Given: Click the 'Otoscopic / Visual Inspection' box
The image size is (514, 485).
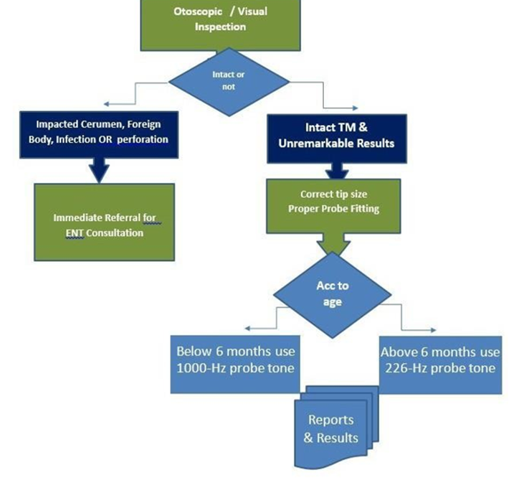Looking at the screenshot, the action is [x=220, y=25].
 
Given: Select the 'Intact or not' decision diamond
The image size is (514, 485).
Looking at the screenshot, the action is [x=229, y=82].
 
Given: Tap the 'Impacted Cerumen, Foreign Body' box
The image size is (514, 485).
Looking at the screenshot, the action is [x=99, y=135].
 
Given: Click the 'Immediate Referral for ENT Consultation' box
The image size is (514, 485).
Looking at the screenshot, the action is [x=104, y=222].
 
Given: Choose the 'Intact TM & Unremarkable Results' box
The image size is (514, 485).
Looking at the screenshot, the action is [x=337, y=138].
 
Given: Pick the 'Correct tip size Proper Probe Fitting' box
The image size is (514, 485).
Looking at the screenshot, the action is [x=333, y=206].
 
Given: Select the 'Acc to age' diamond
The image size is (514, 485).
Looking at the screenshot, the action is [x=332, y=294].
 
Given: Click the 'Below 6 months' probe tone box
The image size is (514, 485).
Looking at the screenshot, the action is [x=235, y=364].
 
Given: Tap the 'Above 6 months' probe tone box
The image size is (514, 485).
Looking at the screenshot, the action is [x=440, y=365].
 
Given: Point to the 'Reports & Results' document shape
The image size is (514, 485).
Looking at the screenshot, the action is [x=331, y=430].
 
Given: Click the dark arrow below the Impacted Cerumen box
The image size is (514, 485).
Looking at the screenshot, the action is [x=99, y=170].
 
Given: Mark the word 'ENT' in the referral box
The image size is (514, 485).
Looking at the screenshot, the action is [x=75, y=233].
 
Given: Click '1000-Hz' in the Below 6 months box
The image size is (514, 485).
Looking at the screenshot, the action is [x=201, y=368].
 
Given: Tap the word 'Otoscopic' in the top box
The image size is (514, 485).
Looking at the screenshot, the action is [x=198, y=11].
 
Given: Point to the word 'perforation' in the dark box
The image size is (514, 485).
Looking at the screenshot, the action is [x=143, y=139].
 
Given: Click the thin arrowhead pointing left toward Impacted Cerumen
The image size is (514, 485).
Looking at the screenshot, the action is [x=105, y=104].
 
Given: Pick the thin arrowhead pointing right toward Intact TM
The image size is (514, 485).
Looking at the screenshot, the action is [x=356, y=108].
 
